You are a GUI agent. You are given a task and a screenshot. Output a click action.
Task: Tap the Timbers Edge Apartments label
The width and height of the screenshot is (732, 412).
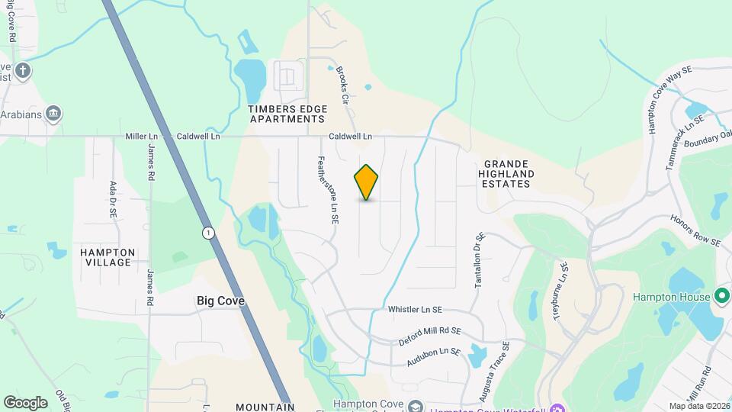pyautogui.click(x=287, y=114)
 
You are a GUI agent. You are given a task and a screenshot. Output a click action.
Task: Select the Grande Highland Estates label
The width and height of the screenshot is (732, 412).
pyautogui.click(x=509, y=174)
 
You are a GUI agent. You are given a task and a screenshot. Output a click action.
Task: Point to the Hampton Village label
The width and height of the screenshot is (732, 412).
pyautogui.click(x=108, y=257)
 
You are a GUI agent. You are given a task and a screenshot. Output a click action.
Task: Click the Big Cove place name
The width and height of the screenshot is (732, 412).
pyautogui.click(x=220, y=301)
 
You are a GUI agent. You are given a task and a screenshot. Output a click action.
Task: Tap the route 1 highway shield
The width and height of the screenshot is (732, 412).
pyautogui.click(x=207, y=232)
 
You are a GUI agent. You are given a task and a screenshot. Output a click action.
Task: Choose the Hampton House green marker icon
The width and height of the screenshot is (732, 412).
pyautogui.click(x=723, y=296)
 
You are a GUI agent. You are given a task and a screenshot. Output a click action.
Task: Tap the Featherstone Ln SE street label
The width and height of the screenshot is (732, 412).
pyautogui.click(x=327, y=190)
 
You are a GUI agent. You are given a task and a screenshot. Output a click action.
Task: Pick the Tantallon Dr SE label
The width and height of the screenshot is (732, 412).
pyautogui.click(x=479, y=260)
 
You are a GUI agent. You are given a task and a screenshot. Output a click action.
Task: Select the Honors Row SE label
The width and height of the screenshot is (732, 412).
pyautogui.click(x=695, y=230)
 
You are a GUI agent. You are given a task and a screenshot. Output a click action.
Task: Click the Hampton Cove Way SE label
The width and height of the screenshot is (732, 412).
pyautogui.click(x=668, y=100)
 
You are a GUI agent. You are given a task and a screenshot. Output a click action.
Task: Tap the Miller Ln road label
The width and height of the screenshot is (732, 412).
pyautogui.click(x=141, y=137)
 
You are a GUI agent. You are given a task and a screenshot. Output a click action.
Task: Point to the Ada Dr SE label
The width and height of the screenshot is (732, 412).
pyautogui.click(x=113, y=199)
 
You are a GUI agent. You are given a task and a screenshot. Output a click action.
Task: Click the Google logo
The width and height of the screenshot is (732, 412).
pyautogui.click(x=26, y=402)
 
